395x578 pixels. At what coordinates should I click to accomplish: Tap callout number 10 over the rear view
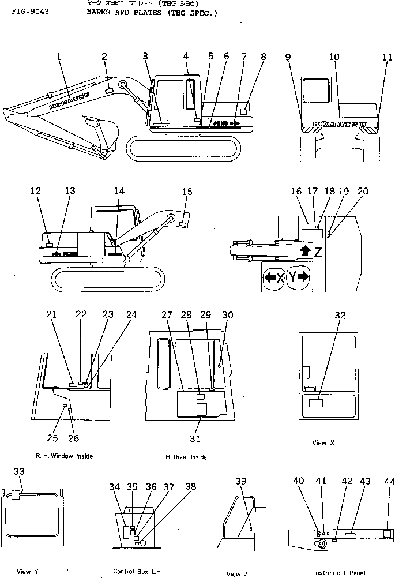(x=334, y=57)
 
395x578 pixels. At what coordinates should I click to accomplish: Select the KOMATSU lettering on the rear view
(x=340, y=124)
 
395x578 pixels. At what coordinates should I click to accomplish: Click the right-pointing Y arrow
(x=298, y=277)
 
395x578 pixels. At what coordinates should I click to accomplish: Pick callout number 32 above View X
(x=340, y=315)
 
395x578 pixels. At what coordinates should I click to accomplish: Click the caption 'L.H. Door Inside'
(x=183, y=457)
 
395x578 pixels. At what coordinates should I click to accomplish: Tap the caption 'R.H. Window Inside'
(x=64, y=456)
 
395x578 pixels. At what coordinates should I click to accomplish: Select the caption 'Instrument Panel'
(x=339, y=573)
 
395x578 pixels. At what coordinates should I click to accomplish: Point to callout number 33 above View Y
(x=19, y=472)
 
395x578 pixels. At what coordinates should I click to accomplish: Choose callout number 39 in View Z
(x=241, y=481)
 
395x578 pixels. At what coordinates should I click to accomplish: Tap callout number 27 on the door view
(x=167, y=315)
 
